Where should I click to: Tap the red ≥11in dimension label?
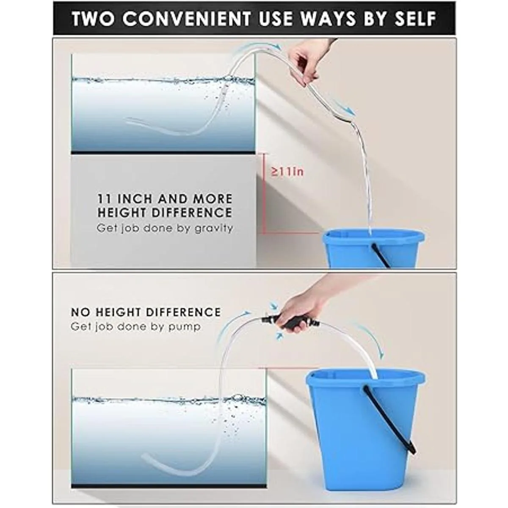[x=287, y=172]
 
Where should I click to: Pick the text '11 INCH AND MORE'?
[x=165, y=199]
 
